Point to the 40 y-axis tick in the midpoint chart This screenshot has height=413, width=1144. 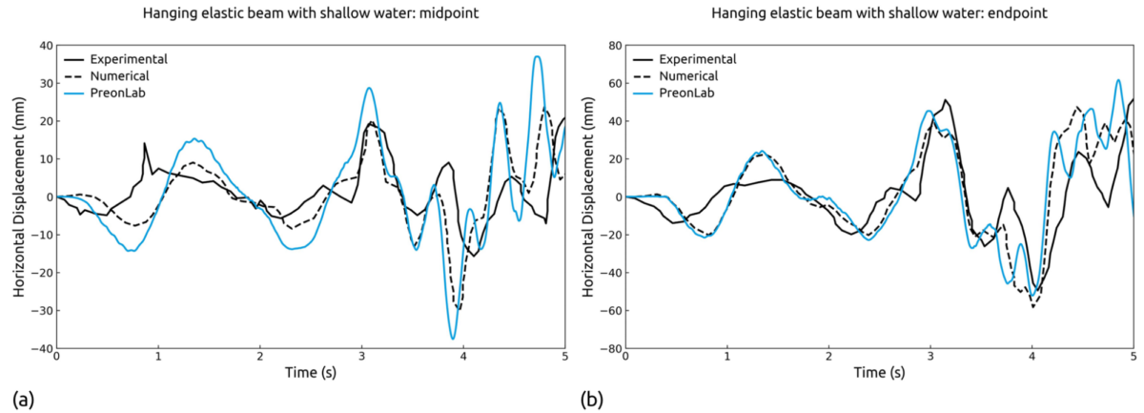point(42,45)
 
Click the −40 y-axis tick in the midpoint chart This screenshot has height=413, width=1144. point(39,348)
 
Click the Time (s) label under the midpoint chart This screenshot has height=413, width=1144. point(311,375)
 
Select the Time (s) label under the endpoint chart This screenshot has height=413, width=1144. point(879,375)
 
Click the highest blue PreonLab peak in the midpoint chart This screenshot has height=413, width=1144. point(538,56)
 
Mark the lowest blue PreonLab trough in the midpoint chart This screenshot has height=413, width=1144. point(453,338)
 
